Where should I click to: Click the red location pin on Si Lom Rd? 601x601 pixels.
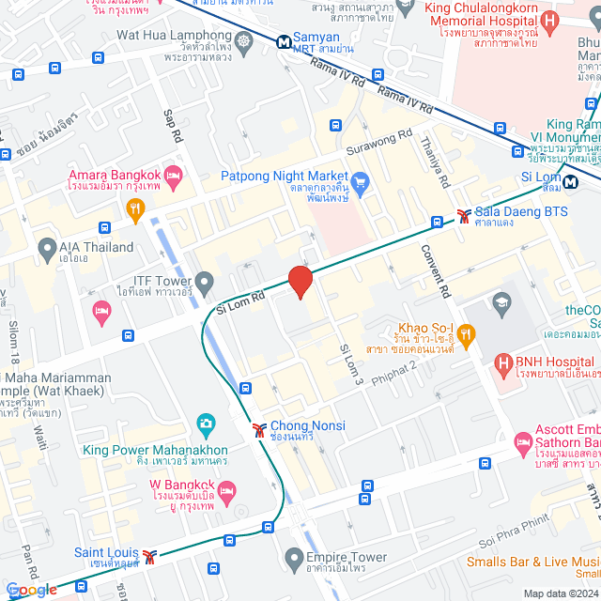coord(300,281)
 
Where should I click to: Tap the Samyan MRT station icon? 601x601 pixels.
coord(284,41)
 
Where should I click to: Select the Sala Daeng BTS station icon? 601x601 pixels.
coord(464,215)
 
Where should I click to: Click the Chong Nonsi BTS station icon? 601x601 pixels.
coord(258,430)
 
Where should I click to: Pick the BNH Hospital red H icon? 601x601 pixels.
coord(503,362)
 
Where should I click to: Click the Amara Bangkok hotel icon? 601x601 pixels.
coord(173,176)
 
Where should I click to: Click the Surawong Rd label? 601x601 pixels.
coord(378,133)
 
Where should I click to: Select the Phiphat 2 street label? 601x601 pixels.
coord(394,364)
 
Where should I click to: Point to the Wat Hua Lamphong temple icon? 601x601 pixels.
coord(244,41)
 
